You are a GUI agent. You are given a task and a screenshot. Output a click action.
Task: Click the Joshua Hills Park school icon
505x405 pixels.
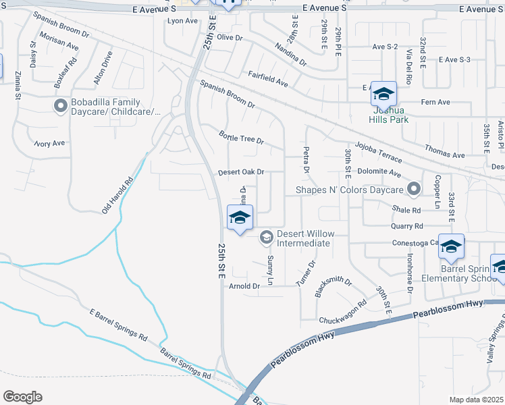tap(383, 93)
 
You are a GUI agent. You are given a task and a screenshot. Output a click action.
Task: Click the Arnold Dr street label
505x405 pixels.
tap(244, 286)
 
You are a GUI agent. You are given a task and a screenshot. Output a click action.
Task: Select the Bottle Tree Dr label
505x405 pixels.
tap(240, 138)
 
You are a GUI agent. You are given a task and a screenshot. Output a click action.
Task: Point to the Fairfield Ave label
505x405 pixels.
tap(267, 79)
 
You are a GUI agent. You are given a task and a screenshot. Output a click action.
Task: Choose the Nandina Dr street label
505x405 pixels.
tap(290, 55)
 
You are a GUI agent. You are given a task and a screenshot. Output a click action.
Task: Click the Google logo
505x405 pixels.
tap(22, 397)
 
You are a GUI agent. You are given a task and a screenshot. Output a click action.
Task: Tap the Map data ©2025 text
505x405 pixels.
tap(476, 400)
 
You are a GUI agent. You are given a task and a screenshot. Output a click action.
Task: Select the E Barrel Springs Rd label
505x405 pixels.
tap(118, 324)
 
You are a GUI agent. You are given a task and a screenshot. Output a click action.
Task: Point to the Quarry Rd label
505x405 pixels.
tap(409, 226)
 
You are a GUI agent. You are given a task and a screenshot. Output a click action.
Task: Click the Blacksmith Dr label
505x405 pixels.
tap(334, 286)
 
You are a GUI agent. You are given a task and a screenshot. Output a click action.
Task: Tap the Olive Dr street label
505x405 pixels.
tap(230, 38)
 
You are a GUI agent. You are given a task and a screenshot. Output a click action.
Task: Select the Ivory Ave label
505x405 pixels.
tap(49, 143)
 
